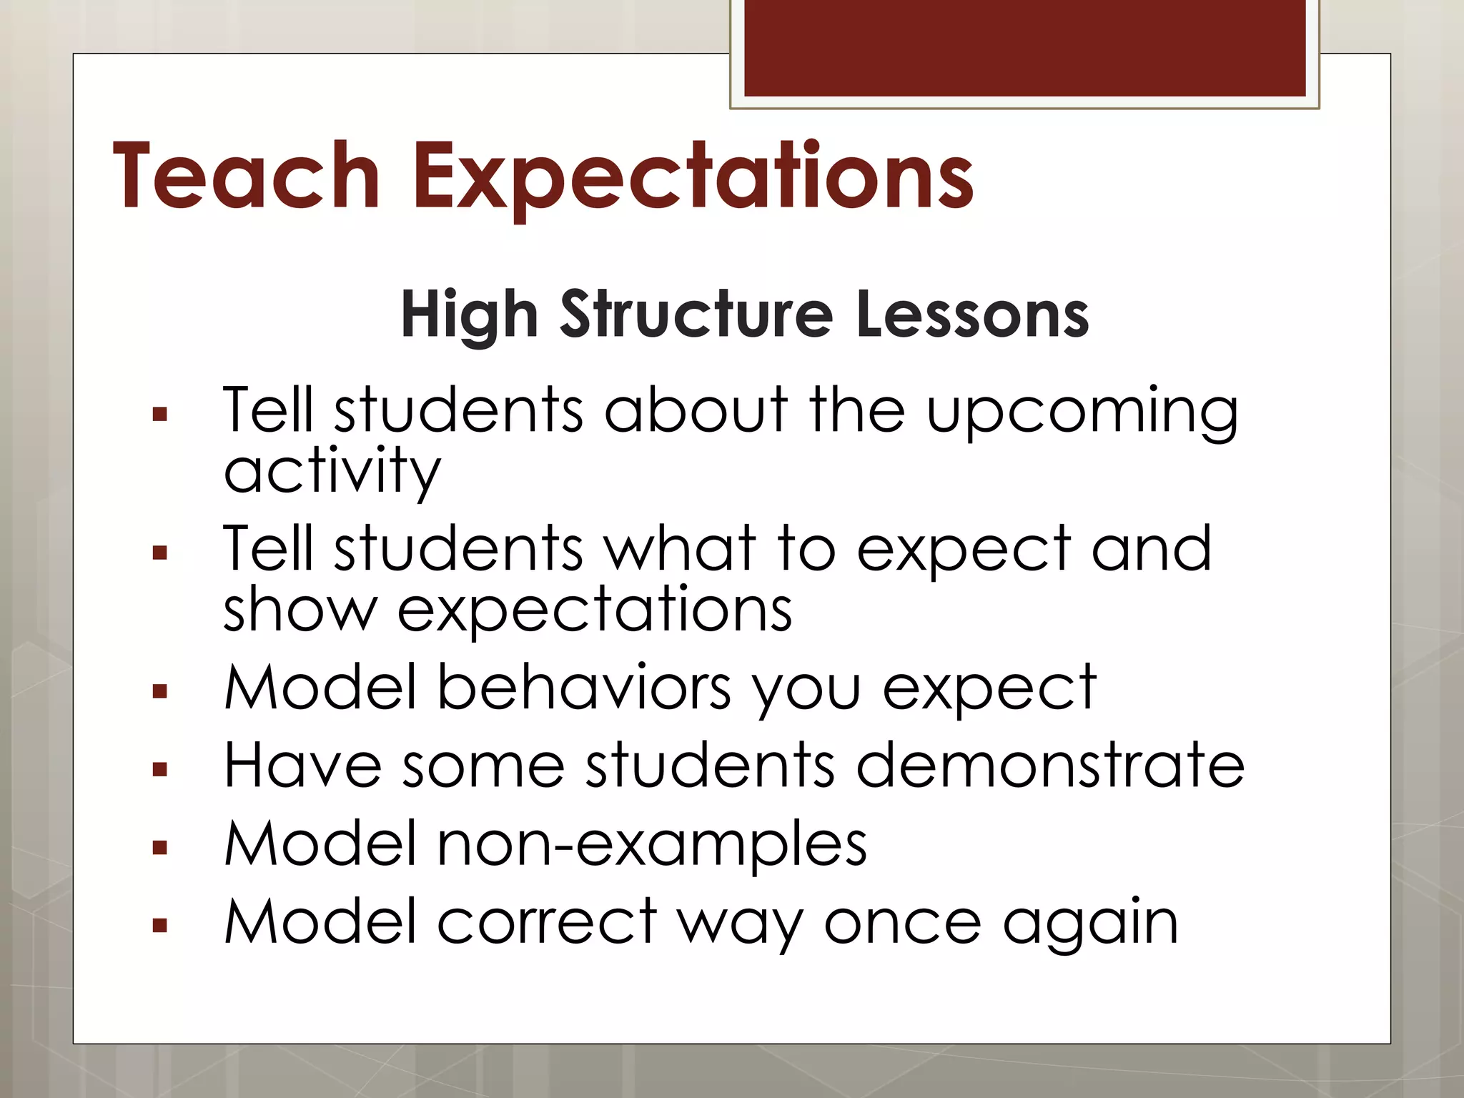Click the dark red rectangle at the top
click(x=1024, y=47)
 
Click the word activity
click(x=332, y=472)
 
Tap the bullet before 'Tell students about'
click(x=159, y=414)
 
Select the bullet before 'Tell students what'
click(x=159, y=553)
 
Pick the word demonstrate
click(x=1050, y=765)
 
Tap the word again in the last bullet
click(x=1091, y=924)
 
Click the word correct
click(x=547, y=922)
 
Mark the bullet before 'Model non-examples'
click(x=159, y=848)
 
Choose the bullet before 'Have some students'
click(x=159, y=770)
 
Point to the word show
click(x=300, y=609)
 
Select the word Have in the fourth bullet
click(x=302, y=765)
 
